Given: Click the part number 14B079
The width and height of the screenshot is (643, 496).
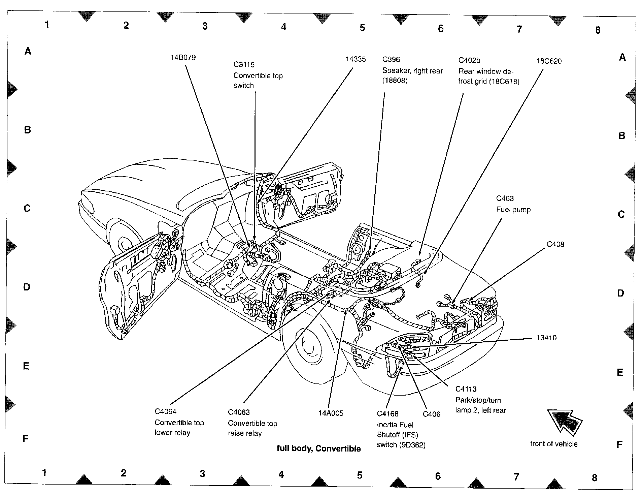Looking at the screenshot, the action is (183, 57).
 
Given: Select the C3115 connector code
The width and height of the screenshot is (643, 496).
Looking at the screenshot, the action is (244, 64).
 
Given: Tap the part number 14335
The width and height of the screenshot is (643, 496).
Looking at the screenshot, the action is (355, 59).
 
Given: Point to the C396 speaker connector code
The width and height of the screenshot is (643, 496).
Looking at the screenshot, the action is (391, 60).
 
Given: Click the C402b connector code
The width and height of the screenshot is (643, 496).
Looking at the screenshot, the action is (469, 60).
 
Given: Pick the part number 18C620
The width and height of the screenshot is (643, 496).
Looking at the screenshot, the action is (549, 61).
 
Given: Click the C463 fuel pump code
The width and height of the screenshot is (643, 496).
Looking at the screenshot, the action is (505, 198).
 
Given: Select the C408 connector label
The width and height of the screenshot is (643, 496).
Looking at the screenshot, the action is (555, 244).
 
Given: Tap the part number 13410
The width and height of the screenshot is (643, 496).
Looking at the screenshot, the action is (546, 338).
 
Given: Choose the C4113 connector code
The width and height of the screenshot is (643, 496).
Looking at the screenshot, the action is (466, 389).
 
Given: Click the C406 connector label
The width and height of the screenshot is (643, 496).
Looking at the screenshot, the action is (431, 414).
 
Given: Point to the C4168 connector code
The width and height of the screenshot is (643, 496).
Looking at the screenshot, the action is (387, 414).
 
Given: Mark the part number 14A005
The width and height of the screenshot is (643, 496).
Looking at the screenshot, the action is (331, 413).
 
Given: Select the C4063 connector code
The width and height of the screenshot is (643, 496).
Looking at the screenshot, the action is (239, 412).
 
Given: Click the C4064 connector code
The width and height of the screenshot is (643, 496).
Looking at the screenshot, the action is (165, 411).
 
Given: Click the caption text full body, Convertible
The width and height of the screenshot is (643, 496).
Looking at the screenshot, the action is (318, 448).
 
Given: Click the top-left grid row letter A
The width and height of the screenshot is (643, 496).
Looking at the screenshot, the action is (28, 51).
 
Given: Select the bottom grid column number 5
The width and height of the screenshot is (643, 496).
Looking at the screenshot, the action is (360, 475).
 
